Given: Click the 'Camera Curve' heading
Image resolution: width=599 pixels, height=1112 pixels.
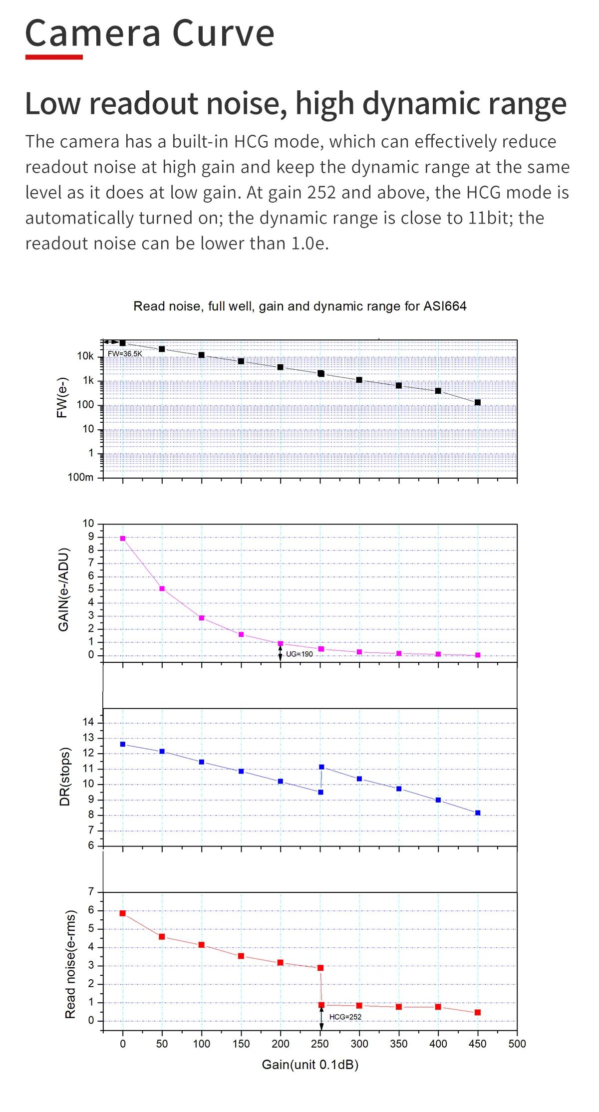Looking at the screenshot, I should [150, 33].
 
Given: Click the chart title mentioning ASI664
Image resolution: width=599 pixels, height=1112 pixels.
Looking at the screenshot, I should [299, 306].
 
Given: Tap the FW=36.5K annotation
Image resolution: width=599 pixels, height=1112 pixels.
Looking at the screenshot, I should [125, 354].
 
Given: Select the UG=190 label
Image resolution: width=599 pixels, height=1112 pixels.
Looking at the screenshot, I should [299, 654].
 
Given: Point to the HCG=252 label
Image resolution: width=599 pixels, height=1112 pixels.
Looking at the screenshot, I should [345, 1017].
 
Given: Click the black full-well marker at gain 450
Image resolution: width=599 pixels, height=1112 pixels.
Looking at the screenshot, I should [478, 402].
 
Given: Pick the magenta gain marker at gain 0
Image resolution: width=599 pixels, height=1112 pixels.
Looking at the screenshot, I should [123, 539].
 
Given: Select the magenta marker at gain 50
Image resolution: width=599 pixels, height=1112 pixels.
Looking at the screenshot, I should [162, 588].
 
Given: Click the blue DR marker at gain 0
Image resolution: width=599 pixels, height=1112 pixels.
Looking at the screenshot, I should [123, 744].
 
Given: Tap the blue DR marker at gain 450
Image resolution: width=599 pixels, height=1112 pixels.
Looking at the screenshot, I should [478, 813].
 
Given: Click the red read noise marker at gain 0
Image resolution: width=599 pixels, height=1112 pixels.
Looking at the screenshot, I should [123, 913].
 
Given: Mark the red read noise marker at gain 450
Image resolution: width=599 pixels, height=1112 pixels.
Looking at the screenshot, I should [478, 1012].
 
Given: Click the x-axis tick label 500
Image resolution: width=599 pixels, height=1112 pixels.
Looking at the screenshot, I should [517, 1044].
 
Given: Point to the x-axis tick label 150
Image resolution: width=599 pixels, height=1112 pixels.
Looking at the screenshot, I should [241, 1044].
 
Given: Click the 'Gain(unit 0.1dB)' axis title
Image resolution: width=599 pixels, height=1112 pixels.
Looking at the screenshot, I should [310, 1065].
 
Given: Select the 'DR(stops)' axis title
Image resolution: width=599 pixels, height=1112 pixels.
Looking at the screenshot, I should [65, 777].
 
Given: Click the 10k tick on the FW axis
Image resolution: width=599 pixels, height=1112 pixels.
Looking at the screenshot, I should [85, 356].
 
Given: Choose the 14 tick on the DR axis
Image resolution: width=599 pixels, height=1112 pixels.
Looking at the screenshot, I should [88, 722].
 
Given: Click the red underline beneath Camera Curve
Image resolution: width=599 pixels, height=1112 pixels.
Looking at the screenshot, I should [54, 57].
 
